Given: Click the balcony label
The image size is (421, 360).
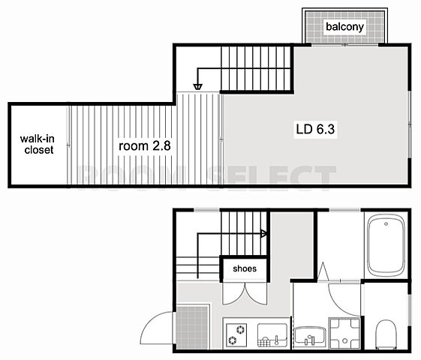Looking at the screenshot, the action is (x=344, y=26).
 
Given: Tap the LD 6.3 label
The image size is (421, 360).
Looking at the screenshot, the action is (x=315, y=129).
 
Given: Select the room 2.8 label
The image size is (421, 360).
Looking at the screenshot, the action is (x=144, y=146).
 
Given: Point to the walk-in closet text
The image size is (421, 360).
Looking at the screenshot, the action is (x=38, y=144).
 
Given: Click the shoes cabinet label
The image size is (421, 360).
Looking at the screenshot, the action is (x=245, y=268).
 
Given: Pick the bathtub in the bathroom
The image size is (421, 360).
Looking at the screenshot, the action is (x=386, y=245).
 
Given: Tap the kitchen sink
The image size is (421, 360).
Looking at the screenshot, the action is (x=272, y=335).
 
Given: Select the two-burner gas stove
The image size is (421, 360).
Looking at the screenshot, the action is (x=236, y=334).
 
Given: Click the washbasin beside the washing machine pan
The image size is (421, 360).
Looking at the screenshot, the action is (x=310, y=337).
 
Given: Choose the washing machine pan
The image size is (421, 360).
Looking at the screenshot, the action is (x=344, y=334).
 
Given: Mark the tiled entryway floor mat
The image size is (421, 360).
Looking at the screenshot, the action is (x=192, y=327).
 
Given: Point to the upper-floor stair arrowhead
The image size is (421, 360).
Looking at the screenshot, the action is (x=197, y=87).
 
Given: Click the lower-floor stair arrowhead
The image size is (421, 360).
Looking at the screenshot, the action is (x=263, y=233).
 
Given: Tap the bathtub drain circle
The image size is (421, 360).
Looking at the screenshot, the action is (x=386, y=223).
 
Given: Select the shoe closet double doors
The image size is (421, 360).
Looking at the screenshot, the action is (x=245, y=294).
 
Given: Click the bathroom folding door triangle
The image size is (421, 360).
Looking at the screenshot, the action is (x=323, y=271).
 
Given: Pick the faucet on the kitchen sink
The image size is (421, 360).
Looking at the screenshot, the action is (x=276, y=340).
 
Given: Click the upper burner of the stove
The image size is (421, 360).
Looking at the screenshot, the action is (x=241, y=329).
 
